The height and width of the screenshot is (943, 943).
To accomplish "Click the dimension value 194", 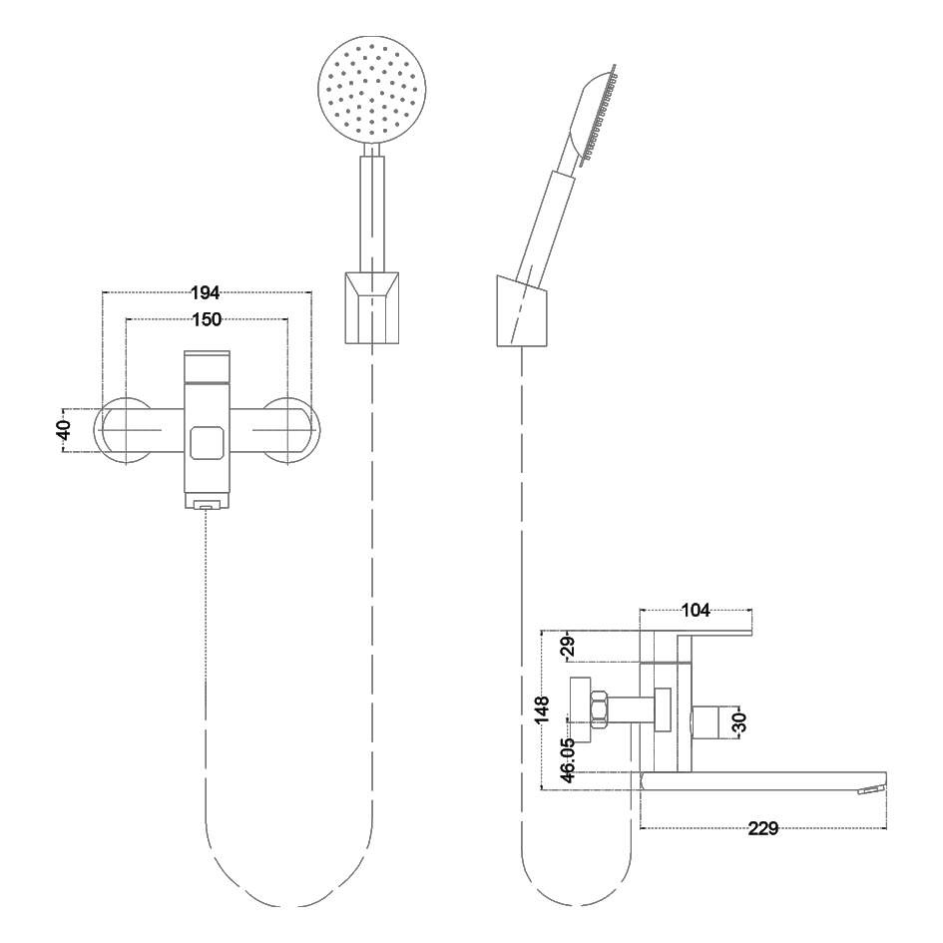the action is pyautogui.click(x=206, y=293).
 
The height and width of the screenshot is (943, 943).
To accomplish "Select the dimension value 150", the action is pyautogui.click(x=207, y=319).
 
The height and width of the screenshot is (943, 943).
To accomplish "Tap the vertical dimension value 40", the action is pyautogui.click(x=64, y=429).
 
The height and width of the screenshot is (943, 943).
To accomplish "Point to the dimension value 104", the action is pyautogui.click(x=696, y=610).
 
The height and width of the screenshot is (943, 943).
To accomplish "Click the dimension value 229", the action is pyautogui.click(x=763, y=828).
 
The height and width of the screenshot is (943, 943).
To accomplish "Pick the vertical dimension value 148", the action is pyautogui.click(x=543, y=709).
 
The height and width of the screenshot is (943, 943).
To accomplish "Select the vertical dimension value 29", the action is pyautogui.click(x=568, y=646).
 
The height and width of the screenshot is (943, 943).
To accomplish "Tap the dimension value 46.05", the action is pyautogui.click(x=568, y=759).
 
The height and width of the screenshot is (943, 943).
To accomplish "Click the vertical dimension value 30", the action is pyautogui.click(x=739, y=722).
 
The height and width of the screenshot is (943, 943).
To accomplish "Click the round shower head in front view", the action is pyautogui.click(x=371, y=90).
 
